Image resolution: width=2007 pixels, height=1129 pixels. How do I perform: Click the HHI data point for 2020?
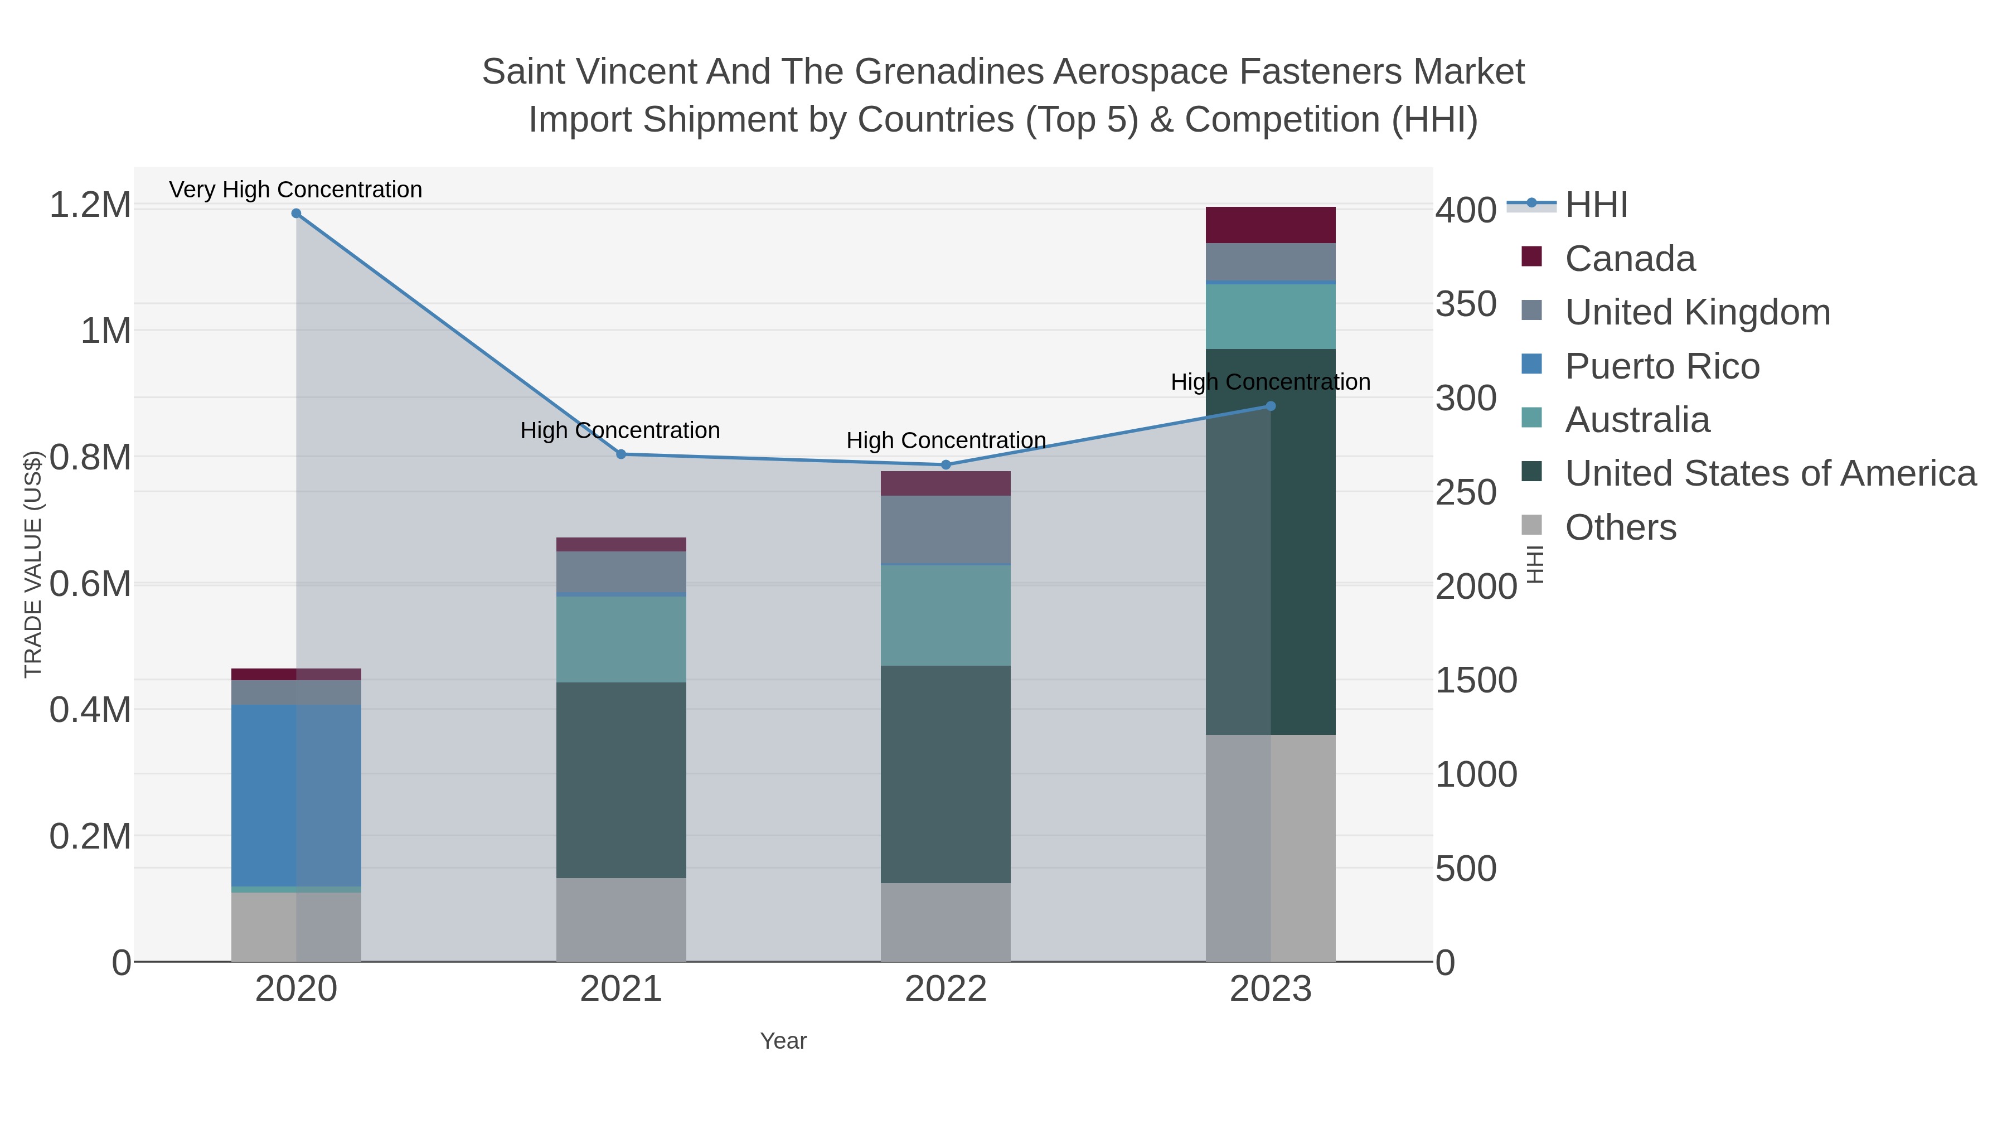[296, 214]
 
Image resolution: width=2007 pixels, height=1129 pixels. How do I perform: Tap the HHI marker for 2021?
[621, 454]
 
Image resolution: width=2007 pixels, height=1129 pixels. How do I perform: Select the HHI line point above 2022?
[946, 465]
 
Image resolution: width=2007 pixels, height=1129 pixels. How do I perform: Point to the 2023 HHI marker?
[1271, 406]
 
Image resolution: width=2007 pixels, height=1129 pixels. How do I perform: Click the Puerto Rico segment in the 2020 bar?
[296, 794]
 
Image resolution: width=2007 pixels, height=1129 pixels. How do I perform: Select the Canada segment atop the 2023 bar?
[1271, 225]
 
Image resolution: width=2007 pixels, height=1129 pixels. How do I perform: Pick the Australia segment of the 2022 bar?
[946, 616]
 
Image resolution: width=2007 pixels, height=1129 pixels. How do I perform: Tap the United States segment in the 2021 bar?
[621, 780]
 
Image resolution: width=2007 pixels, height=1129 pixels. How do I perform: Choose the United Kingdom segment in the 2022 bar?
[946, 530]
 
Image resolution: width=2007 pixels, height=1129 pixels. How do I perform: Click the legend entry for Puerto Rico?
[1662, 366]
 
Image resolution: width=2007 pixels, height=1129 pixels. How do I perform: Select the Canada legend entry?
[1630, 259]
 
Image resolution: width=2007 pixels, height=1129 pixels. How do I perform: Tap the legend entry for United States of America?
[1770, 474]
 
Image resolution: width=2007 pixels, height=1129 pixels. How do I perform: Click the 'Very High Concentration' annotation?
[296, 190]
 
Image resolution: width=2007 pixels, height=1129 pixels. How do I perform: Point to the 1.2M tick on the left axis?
[90, 206]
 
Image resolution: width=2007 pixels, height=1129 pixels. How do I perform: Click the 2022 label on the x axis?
[946, 990]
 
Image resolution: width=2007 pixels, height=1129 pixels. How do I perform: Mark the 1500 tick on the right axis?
[1476, 681]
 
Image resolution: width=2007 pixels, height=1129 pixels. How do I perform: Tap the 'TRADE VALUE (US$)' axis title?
[33, 564]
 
